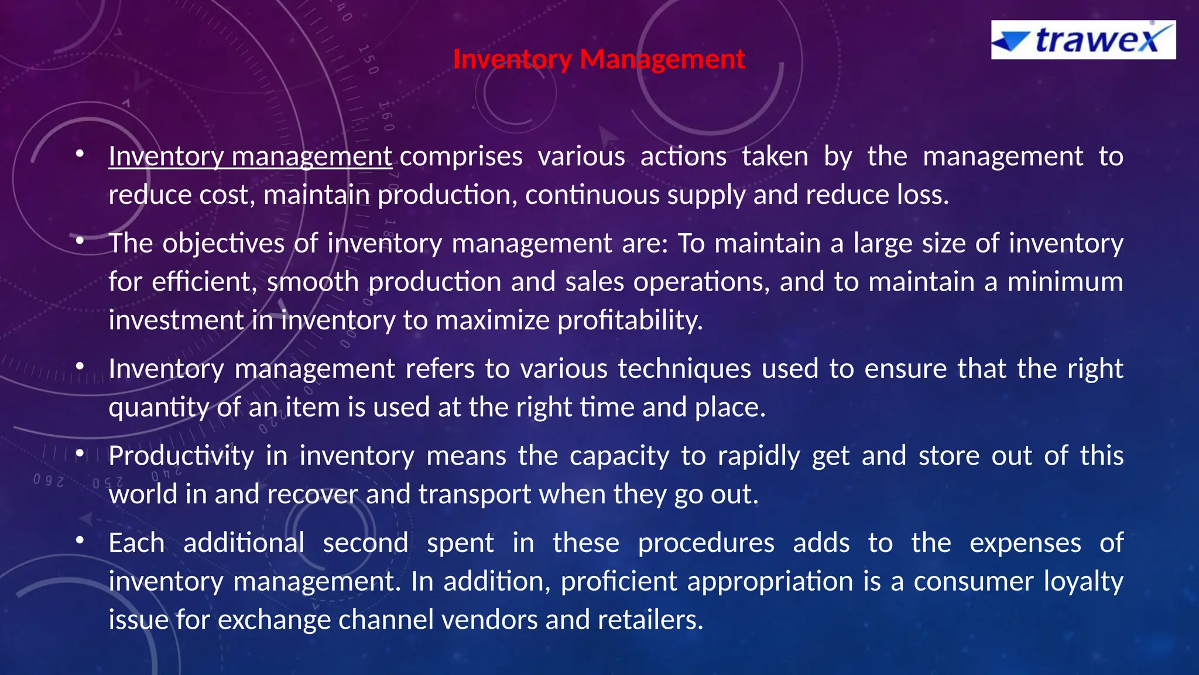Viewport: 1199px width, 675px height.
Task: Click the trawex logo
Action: click(1083, 40)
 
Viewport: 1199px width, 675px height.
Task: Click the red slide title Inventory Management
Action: click(598, 59)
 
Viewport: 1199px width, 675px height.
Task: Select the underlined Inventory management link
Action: click(250, 157)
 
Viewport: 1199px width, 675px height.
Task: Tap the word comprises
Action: click(461, 157)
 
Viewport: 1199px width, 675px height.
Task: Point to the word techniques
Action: click(684, 369)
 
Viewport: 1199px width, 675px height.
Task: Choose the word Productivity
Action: click(181, 456)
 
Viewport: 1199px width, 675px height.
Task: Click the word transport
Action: click(474, 495)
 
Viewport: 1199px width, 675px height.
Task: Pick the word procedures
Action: click(705, 543)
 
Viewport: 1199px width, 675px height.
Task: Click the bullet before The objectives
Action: click(80, 241)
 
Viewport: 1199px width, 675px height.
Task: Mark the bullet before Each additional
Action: click(80, 541)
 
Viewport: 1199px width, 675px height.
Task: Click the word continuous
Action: click(592, 195)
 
